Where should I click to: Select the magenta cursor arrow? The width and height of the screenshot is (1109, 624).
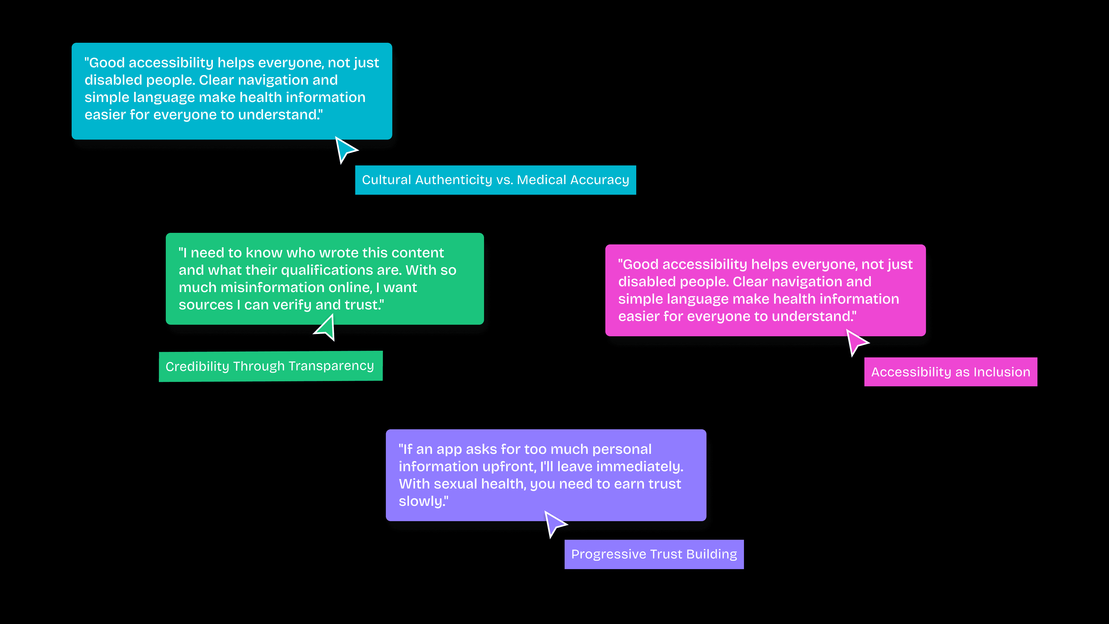856,341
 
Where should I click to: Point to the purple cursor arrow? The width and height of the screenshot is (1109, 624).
554,523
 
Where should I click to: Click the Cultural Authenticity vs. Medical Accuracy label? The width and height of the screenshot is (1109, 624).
495,180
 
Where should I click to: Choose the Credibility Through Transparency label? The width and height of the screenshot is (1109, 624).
270,366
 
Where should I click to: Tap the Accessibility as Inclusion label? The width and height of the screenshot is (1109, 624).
950,372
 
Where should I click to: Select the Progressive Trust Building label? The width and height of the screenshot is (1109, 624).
654,554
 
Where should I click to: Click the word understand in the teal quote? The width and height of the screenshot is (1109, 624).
277,115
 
